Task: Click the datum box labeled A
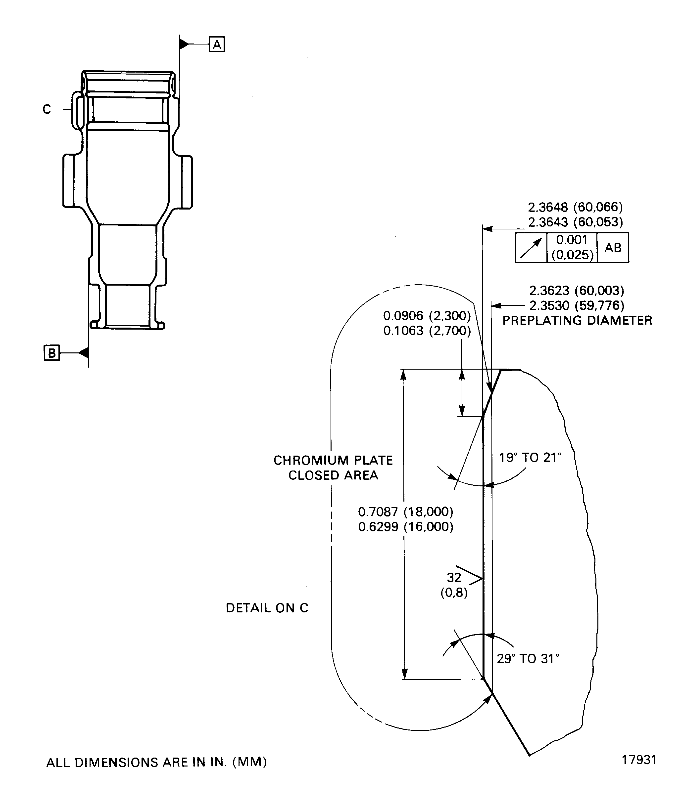coord(217,44)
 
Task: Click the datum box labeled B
coord(52,353)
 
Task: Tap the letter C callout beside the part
coord(46,110)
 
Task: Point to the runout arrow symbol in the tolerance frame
coord(531,248)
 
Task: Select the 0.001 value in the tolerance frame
coord(572,240)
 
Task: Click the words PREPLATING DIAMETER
coord(577,321)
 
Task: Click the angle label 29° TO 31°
coord(528,659)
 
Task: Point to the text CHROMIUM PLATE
coord(333,460)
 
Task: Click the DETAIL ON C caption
coord(267,608)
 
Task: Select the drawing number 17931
coord(639,760)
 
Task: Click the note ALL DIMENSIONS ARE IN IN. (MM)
coord(156,762)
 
